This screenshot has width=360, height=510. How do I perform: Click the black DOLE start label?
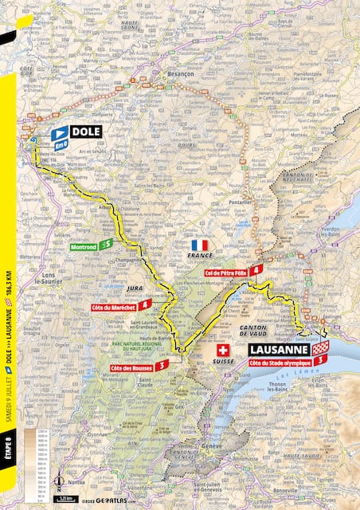(x=85, y=131)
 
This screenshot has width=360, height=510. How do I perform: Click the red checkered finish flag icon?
(x=319, y=349)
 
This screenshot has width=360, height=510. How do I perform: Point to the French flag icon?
(x=200, y=245)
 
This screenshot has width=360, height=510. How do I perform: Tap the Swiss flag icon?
(x=222, y=351)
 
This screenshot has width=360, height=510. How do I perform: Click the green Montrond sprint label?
(x=88, y=246)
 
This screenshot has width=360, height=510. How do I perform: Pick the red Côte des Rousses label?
(x=134, y=365)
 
